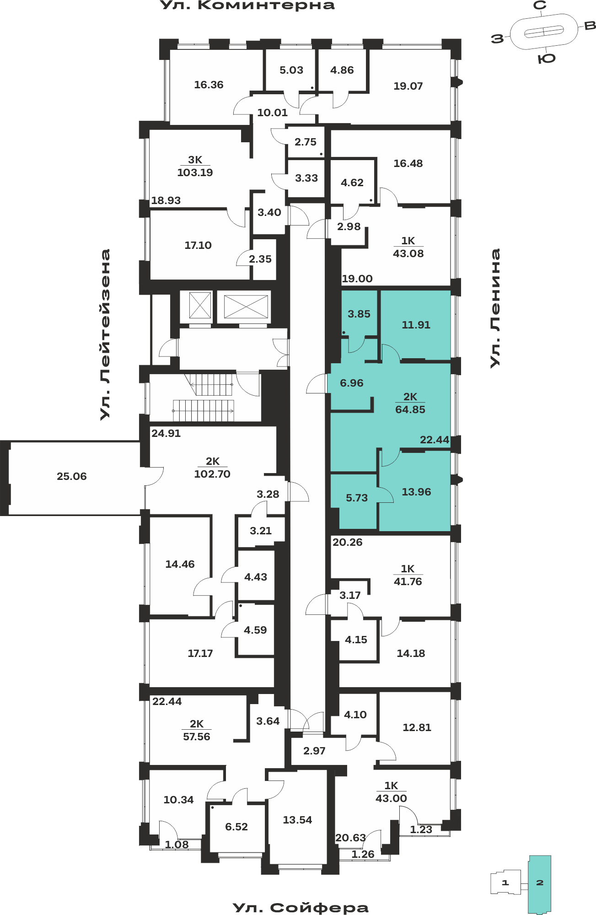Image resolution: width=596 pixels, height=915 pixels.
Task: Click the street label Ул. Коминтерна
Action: point(247,5)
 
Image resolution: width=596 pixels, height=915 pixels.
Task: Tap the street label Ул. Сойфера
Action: point(301,908)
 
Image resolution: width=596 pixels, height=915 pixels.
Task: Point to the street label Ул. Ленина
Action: point(495,308)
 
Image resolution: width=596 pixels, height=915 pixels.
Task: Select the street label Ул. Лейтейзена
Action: point(105,334)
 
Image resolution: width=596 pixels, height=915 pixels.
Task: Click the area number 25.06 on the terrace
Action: point(72,476)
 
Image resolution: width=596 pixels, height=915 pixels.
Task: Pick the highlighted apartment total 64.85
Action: point(410,409)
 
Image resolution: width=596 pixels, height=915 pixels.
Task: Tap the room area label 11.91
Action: point(416,325)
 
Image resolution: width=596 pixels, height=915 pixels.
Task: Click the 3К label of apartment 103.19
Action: point(195,160)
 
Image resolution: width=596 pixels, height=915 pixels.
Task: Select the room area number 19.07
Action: point(408,86)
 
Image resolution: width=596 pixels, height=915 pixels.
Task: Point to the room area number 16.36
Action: point(209,85)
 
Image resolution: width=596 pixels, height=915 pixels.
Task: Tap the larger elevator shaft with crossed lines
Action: point(246,307)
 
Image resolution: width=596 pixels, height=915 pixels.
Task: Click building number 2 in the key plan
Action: point(540,883)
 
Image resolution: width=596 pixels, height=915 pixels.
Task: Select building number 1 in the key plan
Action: point(505,883)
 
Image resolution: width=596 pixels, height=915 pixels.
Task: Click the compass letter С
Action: point(540,5)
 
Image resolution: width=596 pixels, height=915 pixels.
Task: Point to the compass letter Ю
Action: point(547,59)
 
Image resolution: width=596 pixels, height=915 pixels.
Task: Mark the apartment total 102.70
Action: point(212,474)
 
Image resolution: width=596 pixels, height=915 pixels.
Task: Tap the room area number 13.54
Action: point(297,820)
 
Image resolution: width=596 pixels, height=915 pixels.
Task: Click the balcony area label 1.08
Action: point(177,845)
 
